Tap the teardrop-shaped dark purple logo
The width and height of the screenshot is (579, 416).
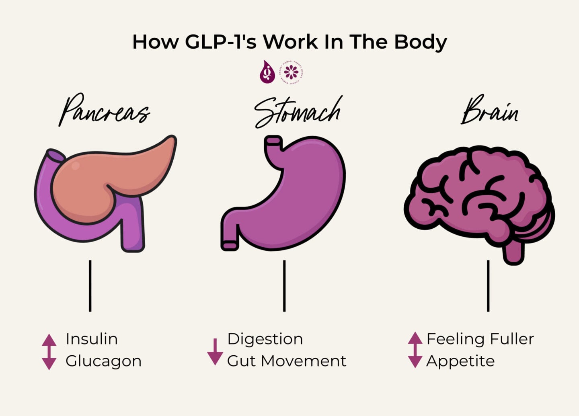[x=267, y=72]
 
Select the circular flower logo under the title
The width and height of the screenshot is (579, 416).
[x=291, y=72]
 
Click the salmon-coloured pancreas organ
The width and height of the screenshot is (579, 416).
[x=109, y=177]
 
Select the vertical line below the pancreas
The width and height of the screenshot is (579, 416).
[x=90, y=285]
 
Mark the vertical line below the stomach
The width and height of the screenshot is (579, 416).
[x=284, y=285]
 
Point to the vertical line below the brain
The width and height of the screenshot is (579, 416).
[x=488, y=285]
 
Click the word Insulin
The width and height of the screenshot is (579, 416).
[x=92, y=339]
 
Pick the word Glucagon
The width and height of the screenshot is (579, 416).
[x=103, y=361]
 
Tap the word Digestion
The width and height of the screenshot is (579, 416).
[x=265, y=339]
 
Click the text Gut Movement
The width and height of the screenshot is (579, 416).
[x=286, y=361]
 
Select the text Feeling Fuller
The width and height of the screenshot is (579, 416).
[x=480, y=339]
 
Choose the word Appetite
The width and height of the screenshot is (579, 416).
[x=460, y=361]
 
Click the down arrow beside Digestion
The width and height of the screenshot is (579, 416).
[x=215, y=352]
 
